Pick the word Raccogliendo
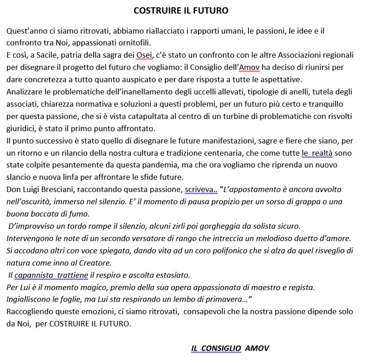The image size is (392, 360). click(29, 311)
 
